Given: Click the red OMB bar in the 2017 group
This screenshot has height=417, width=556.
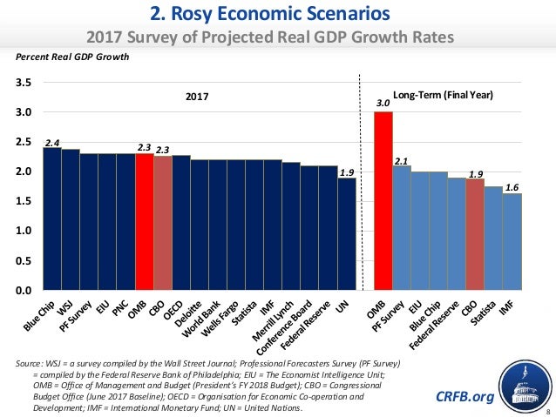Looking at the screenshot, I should tap(144, 221).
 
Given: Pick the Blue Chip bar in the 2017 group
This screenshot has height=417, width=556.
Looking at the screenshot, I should tap(51, 218).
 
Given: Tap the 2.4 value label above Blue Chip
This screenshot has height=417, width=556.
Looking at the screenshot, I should tap(51, 141).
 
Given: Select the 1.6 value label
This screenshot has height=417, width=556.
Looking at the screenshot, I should tap(512, 185).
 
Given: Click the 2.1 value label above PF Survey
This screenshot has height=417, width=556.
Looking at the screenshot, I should tap(401, 160).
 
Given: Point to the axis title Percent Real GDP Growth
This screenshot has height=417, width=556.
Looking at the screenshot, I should tap(73, 57).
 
